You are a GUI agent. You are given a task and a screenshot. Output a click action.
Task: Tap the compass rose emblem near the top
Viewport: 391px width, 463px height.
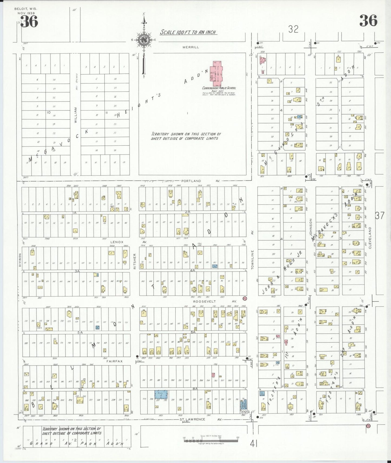(x=144, y=40)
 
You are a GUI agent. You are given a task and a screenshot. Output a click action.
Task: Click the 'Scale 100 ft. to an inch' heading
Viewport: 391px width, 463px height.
(x=188, y=32)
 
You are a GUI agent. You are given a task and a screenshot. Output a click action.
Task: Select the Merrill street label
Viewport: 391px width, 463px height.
(x=190, y=47)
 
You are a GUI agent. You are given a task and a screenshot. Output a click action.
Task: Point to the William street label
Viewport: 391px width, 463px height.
(x=76, y=115)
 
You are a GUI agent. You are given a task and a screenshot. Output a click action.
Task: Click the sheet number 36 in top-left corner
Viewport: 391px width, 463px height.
(x=29, y=21)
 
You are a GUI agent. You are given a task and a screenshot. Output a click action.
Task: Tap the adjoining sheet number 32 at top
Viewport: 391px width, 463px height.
(x=293, y=29)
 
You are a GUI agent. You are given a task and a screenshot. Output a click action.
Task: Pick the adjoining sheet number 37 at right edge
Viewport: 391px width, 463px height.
(x=379, y=216)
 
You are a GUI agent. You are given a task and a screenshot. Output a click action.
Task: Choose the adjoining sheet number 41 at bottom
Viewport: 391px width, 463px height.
(x=254, y=444)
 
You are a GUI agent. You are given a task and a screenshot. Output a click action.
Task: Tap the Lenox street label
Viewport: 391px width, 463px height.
(x=117, y=242)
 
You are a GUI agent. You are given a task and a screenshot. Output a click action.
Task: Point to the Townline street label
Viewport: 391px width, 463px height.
(x=252, y=259)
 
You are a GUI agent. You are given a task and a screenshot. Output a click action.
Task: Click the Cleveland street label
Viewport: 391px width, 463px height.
(x=370, y=238)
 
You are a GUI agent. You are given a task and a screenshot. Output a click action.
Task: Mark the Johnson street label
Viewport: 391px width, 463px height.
(x=311, y=227)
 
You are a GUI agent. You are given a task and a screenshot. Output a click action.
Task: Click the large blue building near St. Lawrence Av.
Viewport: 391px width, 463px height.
(x=161, y=394)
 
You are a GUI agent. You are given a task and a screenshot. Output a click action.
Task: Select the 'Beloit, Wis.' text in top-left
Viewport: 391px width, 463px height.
(x=26, y=9)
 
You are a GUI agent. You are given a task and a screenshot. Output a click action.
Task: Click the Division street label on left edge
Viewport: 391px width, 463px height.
(x=20, y=260)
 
